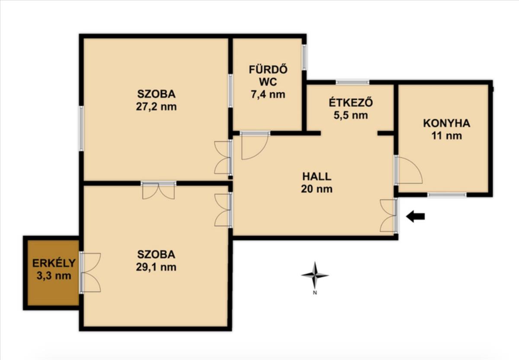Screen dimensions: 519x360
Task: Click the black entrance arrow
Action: (x=416, y=217)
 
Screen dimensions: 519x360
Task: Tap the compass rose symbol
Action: (x=315, y=275)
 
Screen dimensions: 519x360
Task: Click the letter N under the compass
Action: (x=315, y=293)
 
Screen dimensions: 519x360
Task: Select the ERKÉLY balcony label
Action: (x=54, y=263)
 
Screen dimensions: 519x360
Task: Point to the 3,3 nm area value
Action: (x=54, y=276)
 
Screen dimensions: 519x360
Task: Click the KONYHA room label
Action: (x=447, y=123)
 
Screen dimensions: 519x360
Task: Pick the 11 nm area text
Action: (x=447, y=136)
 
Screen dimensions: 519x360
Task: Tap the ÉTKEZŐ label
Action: (x=351, y=102)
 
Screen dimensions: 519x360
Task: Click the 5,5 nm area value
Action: (x=351, y=115)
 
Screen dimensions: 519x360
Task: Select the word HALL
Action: (x=317, y=176)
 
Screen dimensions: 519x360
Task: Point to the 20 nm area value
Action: (x=317, y=189)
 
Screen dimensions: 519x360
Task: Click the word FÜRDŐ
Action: (x=268, y=69)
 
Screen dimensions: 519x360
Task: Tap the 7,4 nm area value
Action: (x=268, y=94)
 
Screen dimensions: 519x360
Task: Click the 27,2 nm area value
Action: (x=156, y=107)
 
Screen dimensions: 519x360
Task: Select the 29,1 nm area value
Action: (x=156, y=267)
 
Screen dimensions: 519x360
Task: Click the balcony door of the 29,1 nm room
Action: (x=90, y=273)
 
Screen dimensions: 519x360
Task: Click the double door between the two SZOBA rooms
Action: (x=158, y=190)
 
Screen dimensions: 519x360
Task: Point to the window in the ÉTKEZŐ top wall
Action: (x=352, y=82)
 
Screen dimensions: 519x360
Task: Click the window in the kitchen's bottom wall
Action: (x=447, y=195)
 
